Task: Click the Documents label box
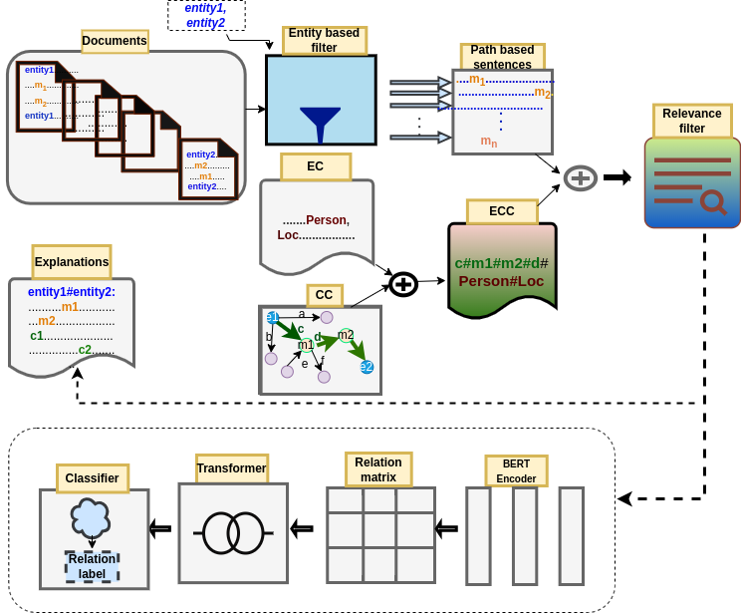[x=115, y=41]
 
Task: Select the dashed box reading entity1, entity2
[x=205, y=15]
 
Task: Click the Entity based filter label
[x=324, y=40]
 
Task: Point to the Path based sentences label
[x=502, y=57]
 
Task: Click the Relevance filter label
[x=691, y=121]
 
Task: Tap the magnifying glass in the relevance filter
[x=712, y=202]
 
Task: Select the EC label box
[x=316, y=166]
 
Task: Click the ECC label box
[x=502, y=211]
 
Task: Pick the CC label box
[x=324, y=295]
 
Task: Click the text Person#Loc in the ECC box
[x=501, y=281]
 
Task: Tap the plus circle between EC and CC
[x=402, y=284]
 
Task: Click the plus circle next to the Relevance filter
[x=580, y=178]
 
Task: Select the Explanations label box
[x=72, y=262]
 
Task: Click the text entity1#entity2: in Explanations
[x=72, y=292]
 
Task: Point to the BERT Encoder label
[x=516, y=470]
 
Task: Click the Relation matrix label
[x=378, y=469]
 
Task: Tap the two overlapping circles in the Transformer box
[x=232, y=533]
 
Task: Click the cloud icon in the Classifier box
[x=90, y=518]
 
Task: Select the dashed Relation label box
[x=92, y=566]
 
